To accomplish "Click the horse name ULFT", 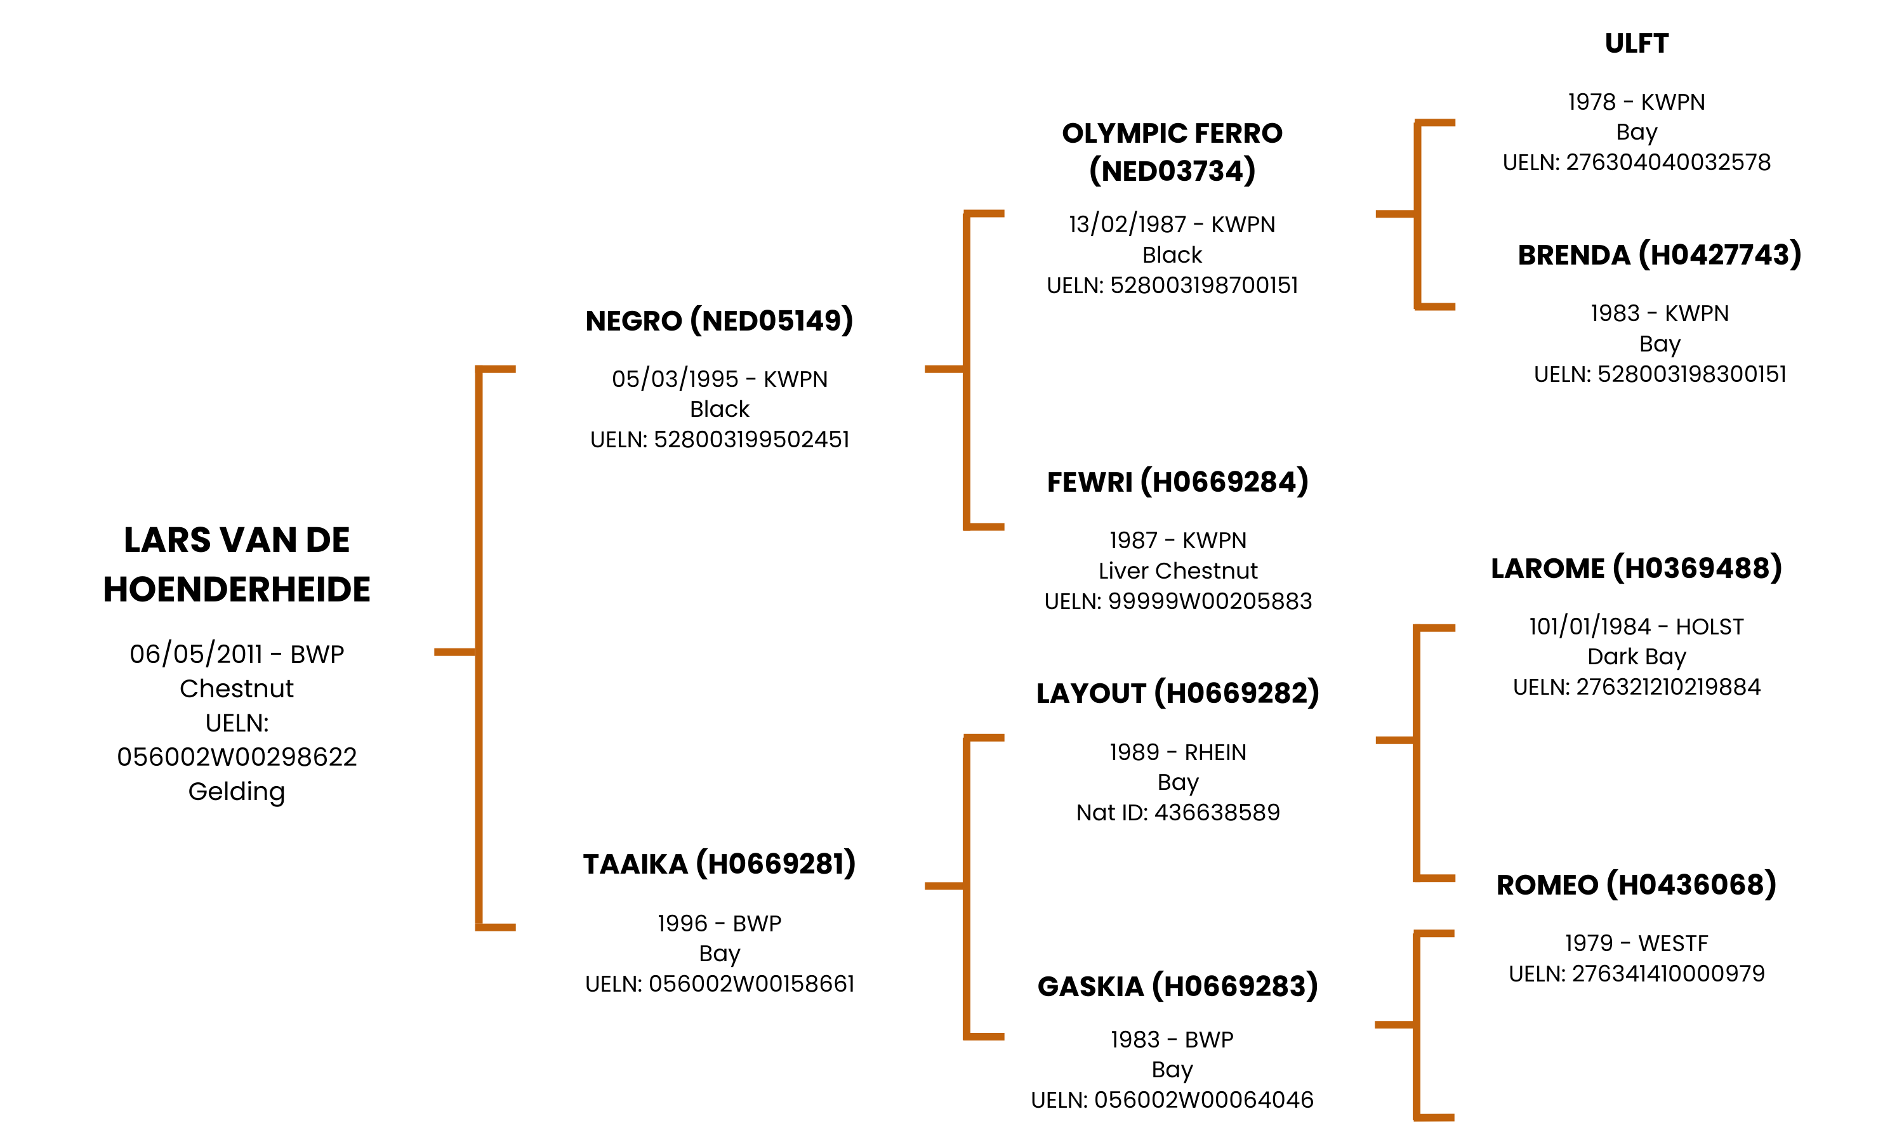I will tap(1636, 44).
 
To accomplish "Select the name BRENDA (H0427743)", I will tap(1658, 254).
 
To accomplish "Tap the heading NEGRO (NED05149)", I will tap(719, 321).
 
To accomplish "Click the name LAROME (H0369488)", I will tap(1636, 568).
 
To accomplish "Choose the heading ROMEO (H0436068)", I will tap(1636, 885).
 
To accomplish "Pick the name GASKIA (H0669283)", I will tap(1177, 987).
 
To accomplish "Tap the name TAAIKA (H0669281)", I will tap(719, 864).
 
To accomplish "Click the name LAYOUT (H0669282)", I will tap(1177, 693).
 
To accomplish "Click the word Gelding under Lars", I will tap(236, 791).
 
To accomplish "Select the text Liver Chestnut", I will tap(1177, 571).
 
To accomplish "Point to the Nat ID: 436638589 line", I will tap(1177, 813).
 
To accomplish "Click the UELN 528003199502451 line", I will tap(719, 440).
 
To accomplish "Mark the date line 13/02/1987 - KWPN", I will tap(1172, 225).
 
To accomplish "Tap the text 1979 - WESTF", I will tap(1636, 943).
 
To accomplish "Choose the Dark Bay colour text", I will tap(1636, 657).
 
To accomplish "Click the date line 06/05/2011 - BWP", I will tap(236, 654).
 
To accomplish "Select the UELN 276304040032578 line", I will tap(1636, 162).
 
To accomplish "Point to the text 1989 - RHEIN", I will tap(1177, 752).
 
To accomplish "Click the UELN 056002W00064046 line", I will tap(1172, 1101).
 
